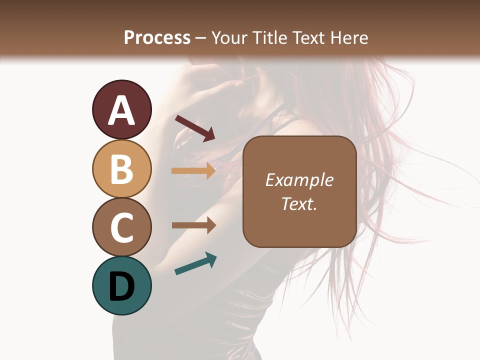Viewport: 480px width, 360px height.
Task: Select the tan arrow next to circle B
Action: (193, 170)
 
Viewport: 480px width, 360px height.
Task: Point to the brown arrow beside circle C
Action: (193, 225)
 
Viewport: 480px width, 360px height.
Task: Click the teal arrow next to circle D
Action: (195, 263)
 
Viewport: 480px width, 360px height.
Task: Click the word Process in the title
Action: (157, 37)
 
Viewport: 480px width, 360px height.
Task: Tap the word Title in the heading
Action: (269, 37)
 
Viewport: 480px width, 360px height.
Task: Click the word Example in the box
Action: (299, 180)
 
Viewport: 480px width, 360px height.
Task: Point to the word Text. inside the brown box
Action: (299, 203)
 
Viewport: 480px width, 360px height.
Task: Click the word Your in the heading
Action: (229, 37)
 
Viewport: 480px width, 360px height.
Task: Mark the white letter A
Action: (121, 110)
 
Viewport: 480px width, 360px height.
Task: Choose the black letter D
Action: (121, 286)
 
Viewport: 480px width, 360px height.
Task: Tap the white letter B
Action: (121, 169)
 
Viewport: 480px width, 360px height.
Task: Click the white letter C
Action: (121, 227)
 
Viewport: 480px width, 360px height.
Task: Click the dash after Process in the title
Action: (201, 38)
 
